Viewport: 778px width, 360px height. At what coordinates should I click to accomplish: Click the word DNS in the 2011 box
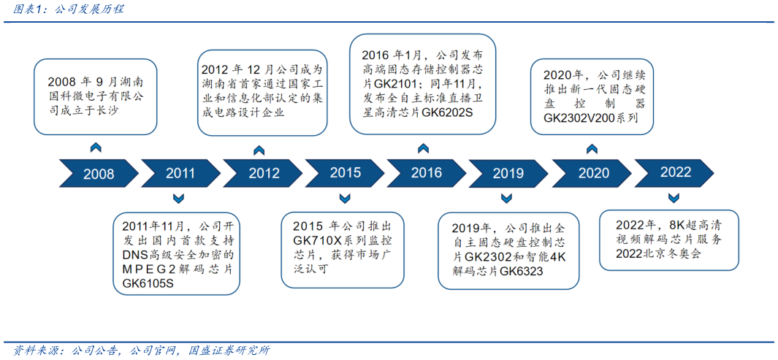(134, 254)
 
